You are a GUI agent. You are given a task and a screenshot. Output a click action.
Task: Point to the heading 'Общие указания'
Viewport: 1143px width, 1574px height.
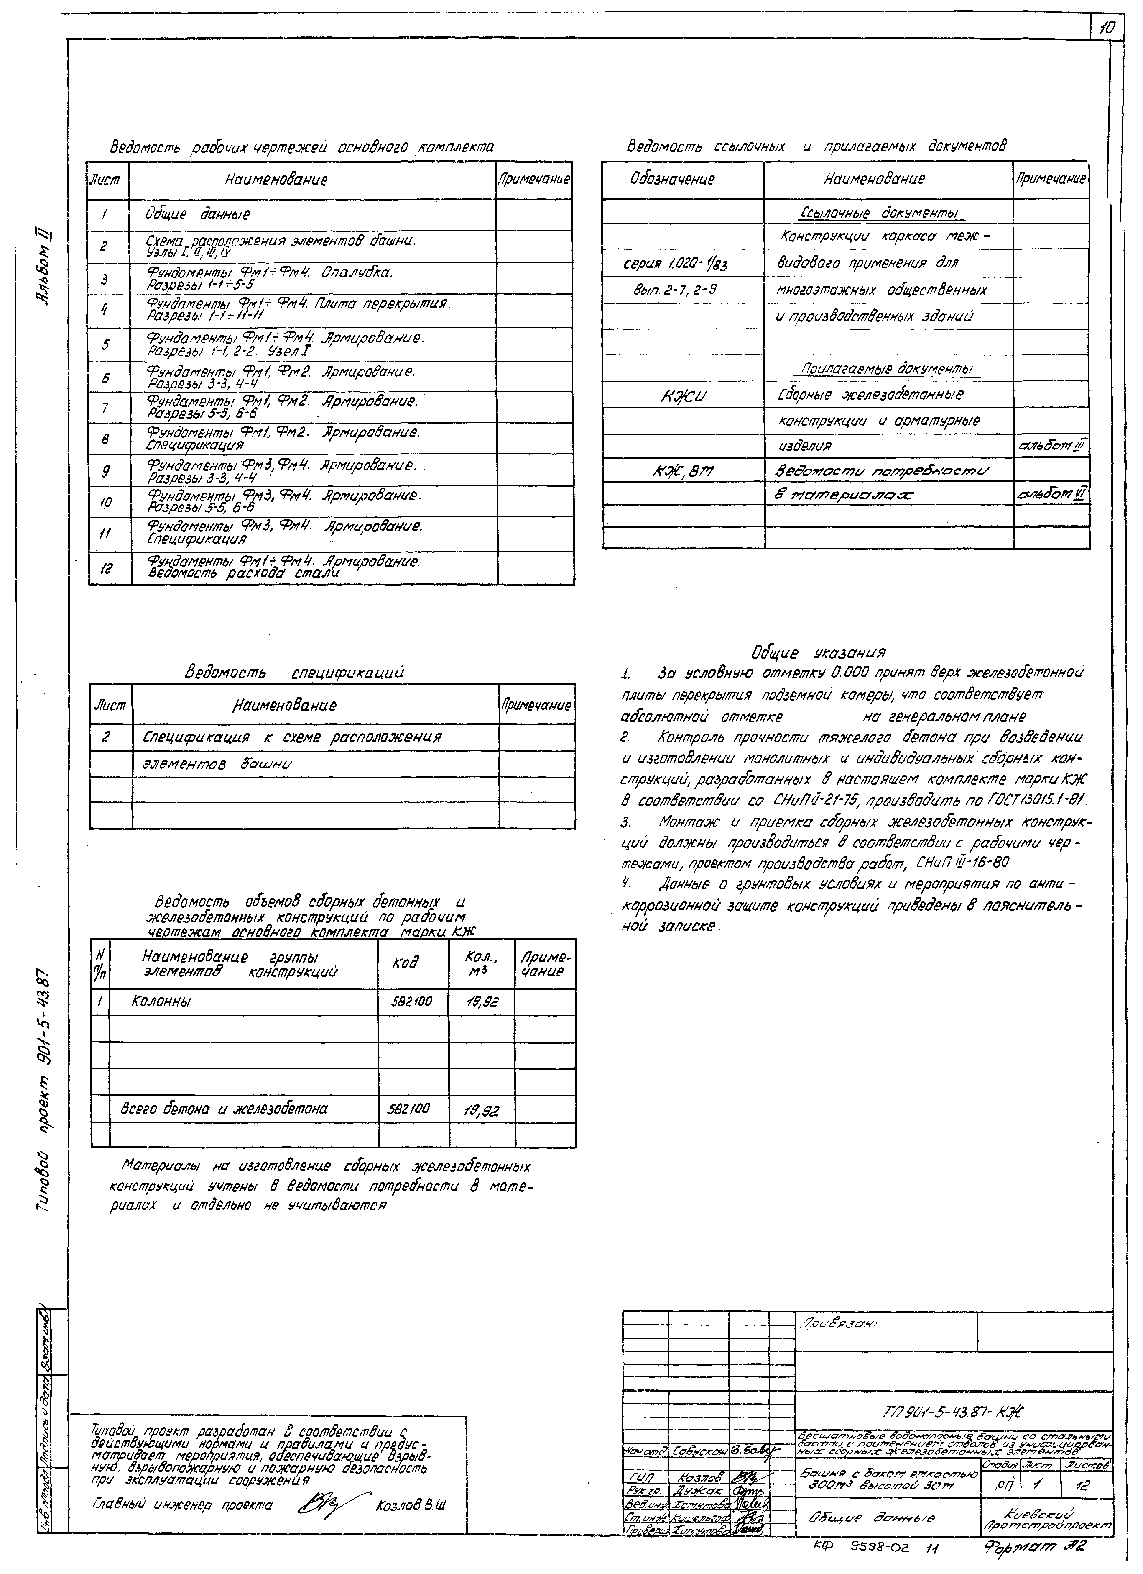pyautogui.click(x=818, y=652)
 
